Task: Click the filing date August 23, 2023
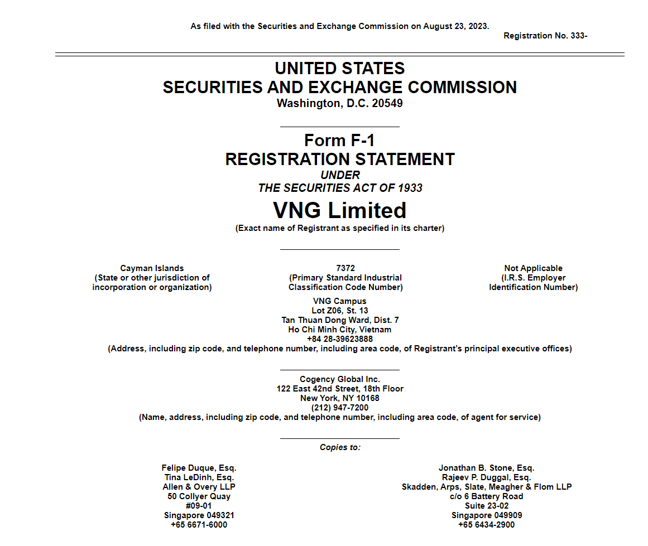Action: pos(455,26)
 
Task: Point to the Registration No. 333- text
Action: pos(545,36)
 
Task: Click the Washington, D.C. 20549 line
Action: pos(339,103)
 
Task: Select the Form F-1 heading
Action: pos(339,140)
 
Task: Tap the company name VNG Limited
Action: pos(339,210)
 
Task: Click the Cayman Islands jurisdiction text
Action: pos(152,268)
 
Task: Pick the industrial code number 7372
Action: pos(345,268)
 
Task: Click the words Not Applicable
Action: pos(533,268)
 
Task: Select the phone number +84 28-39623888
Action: pos(339,339)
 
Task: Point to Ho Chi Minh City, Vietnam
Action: pos(339,330)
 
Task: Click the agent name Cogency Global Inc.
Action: pos(339,379)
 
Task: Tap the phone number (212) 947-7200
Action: pos(339,408)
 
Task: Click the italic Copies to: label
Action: pos(340,447)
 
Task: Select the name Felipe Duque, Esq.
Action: pos(203,468)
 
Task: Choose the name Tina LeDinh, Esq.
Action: pos(199,477)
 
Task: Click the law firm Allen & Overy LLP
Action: pos(199,487)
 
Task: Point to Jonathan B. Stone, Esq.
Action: pos(486,468)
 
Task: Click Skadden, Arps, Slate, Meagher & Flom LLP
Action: pos(486,487)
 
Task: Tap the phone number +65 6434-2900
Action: pos(486,525)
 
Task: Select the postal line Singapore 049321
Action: pos(199,515)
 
